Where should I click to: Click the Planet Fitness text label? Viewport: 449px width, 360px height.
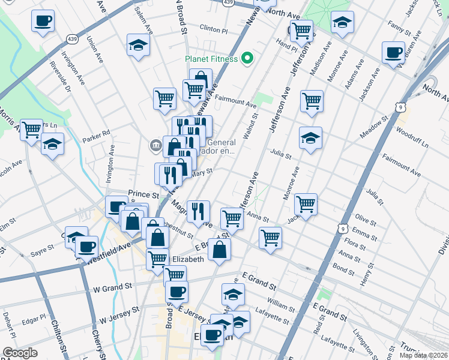(211, 59)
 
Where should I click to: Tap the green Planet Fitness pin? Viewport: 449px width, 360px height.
(247, 59)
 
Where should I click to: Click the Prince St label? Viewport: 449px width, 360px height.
(143, 195)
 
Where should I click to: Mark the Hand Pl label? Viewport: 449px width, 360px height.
(286, 44)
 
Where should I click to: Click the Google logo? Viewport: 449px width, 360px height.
(20, 352)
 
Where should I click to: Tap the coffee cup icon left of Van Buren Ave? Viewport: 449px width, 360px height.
(393, 53)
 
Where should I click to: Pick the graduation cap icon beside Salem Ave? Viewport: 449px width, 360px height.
(138, 45)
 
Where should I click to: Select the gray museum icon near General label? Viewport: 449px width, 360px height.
(155, 145)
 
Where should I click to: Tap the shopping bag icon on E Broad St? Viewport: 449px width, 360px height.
(220, 249)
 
